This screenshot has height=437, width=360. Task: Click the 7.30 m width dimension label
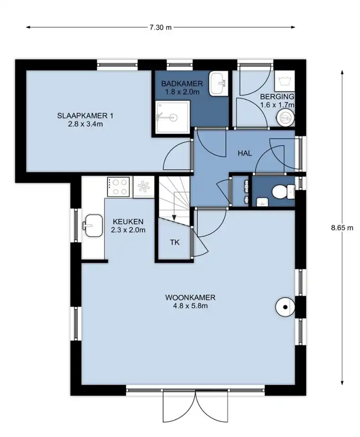pyautogui.click(x=160, y=27)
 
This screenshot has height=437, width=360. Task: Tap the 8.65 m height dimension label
pyautogui.click(x=342, y=228)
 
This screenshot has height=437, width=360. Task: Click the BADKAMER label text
pyautogui.click(x=182, y=83)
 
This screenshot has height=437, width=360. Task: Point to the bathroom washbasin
pyautogui.click(x=219, y=83)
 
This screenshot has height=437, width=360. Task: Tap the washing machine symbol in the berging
pyautogui.click(x=284, y=80)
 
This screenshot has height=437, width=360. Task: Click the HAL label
pyautogui.click(x=245, y=153)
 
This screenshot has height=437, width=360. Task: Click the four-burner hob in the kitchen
pyautogui.click(x=118, y=187)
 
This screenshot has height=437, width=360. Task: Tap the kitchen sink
pyautogui.click(x=92, y=225)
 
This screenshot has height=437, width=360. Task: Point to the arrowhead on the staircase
pyautogui.click(x=174, y=218)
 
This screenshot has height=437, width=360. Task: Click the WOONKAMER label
pyautogui.click(x=190, y=297)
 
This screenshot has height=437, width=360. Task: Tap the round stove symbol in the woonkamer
pyautogui.click(x=285, y=307)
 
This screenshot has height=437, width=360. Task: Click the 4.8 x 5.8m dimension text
pyautogui.click(x=190, y=306)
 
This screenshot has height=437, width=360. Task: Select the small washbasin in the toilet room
pyautogui.click(x=262, y=202)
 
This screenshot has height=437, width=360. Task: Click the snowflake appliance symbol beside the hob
pyautogui.click(x=144, y=187)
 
